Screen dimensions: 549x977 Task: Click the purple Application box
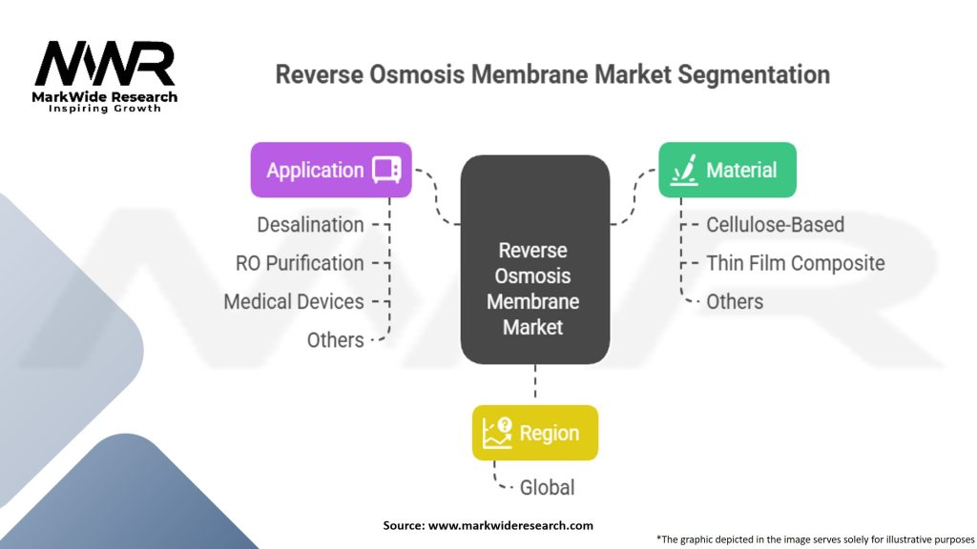pos(330,171)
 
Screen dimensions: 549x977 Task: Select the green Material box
pos(727,171)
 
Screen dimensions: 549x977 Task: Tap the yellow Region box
pos(534,433)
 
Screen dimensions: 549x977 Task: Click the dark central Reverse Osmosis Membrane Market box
pos(534,259)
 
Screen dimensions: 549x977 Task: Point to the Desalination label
pos(310,225)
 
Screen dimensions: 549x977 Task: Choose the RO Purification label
pos(300,263)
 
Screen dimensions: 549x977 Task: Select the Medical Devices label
pos(294,302)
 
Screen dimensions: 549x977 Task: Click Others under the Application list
pos(335,340)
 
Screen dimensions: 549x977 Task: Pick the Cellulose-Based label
pos(775,225)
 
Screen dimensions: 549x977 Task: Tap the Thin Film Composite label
pos(795,263)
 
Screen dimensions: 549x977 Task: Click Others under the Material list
pos(735,302)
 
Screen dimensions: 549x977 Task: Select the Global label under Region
pos(547,488)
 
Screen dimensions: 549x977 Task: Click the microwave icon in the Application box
pos(386,171)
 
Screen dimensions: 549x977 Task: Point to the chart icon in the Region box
pos(497,433)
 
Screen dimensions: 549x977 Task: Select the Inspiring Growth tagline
pos(105,109)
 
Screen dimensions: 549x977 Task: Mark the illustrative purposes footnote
pos(815,539)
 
